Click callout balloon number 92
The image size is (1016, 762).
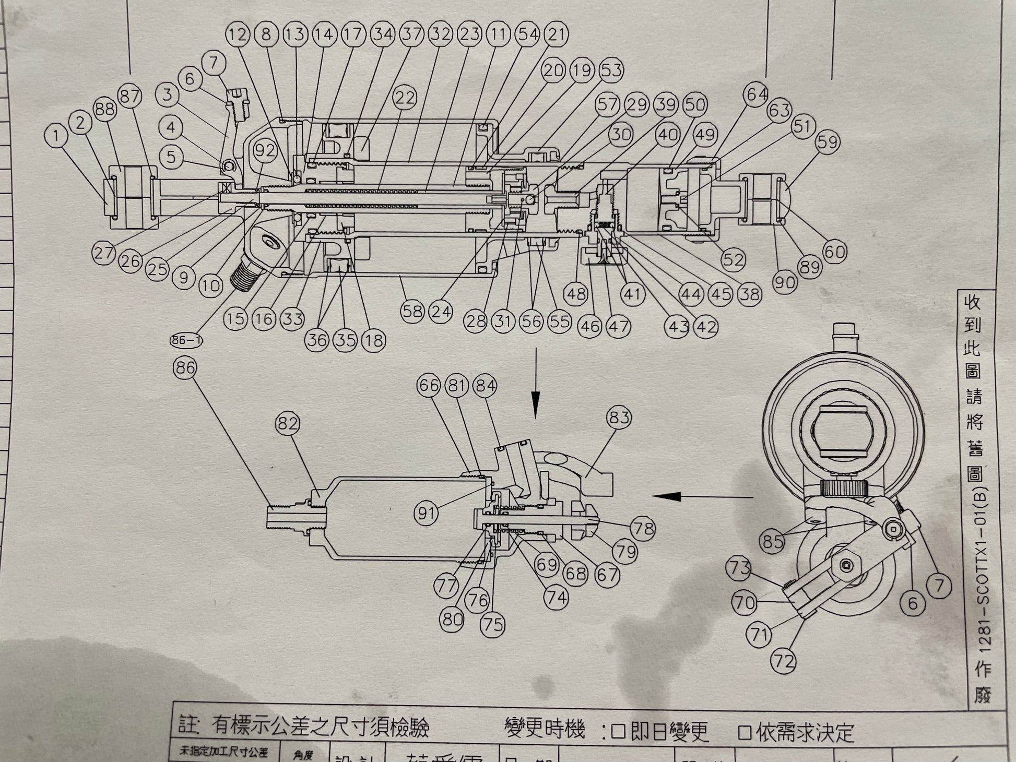pyautogui.click(x=265, y=151)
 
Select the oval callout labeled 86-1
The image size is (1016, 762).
pyautogui.click(x=186, y=341)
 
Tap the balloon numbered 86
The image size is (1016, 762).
pyautogui.click(x=185, y=368)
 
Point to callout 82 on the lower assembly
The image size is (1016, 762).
pyautogui.click(x=287, y=423)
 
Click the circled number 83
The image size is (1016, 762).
pyautogui.click(x=619, y=417)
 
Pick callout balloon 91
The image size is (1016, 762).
pyautogui.click(x=427, y=513)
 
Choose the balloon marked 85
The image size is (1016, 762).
pyautogui.click(x=773, y=541)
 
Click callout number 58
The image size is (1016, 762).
pyautogui.click(x=412, y=311)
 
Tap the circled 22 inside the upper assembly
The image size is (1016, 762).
pyautogui.click(x=405, y=98)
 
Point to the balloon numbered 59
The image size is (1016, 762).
pyautogui.click(x=828, y=142)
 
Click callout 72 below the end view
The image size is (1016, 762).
pyautogui.click(x=784, y=662)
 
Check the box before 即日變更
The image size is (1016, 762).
pyautogui.click(x=618, y=732)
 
